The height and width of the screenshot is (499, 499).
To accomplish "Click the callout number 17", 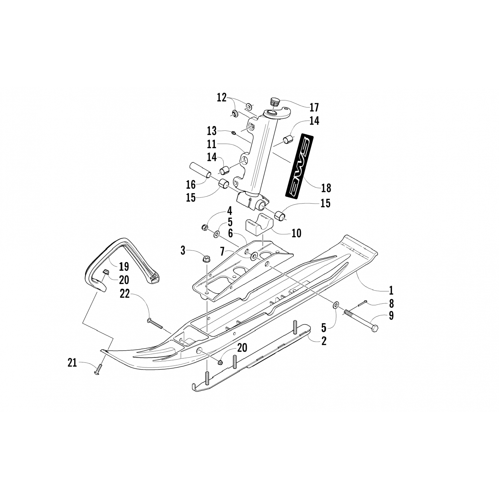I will pyautogui.click(x=314, y=107).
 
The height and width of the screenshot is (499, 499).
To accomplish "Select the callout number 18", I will pyautogui.click(x=326, y=188).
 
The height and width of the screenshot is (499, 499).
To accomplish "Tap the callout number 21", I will pyautogui.click(x=72, y=362).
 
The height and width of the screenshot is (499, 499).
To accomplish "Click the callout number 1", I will pyautogui.click(x=391, y=290).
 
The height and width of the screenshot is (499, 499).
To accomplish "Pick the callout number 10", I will pyautogui.click(x=296, y=233).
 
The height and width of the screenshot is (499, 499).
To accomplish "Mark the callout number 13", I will pyautogui.click(x=212, y=131).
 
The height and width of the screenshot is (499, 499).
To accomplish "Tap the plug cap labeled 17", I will pyautogui.click(x=275, y=101).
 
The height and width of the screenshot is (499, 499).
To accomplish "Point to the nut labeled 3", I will pyautogui.click(x=205, y=258).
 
